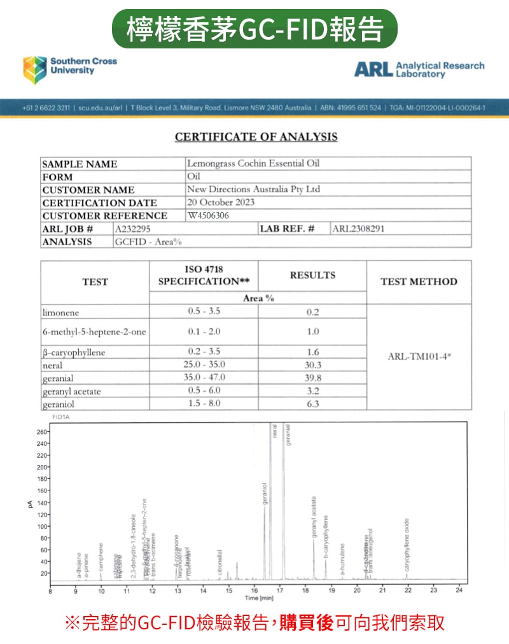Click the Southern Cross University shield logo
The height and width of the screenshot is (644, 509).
(x=35, y=69)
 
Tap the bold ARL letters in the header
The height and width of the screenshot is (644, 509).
(x=373, y=69)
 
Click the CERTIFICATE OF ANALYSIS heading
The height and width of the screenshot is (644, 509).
(x=256, y=137)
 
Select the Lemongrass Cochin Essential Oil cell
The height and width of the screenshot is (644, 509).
(x=253, y=164)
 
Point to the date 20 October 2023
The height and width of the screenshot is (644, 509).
(x=221, y=202)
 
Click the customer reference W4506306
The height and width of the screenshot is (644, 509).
(x=208, y=215)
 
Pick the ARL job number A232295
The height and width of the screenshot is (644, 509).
(x=133, y=228)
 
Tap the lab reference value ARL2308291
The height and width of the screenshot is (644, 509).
(x=358, y=228)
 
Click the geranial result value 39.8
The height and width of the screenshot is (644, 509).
(x=312, y=378)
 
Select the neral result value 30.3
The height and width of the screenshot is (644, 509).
(x=312, y=365)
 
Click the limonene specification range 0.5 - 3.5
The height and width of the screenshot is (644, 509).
(x=204, y=311)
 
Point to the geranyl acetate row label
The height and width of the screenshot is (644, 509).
(x=71, y=391)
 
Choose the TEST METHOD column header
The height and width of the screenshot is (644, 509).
(x=419, y=282)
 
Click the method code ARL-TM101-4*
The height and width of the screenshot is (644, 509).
(x=419, y=357)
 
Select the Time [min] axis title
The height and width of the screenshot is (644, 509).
(x=260, y=599)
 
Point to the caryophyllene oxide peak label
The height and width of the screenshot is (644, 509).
(x=407, y=545)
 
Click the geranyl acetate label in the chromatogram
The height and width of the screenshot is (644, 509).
(x=314, y=517)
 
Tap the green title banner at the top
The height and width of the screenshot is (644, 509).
(x=254, y=29)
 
